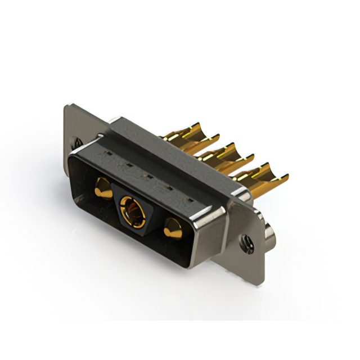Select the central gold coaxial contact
132,209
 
